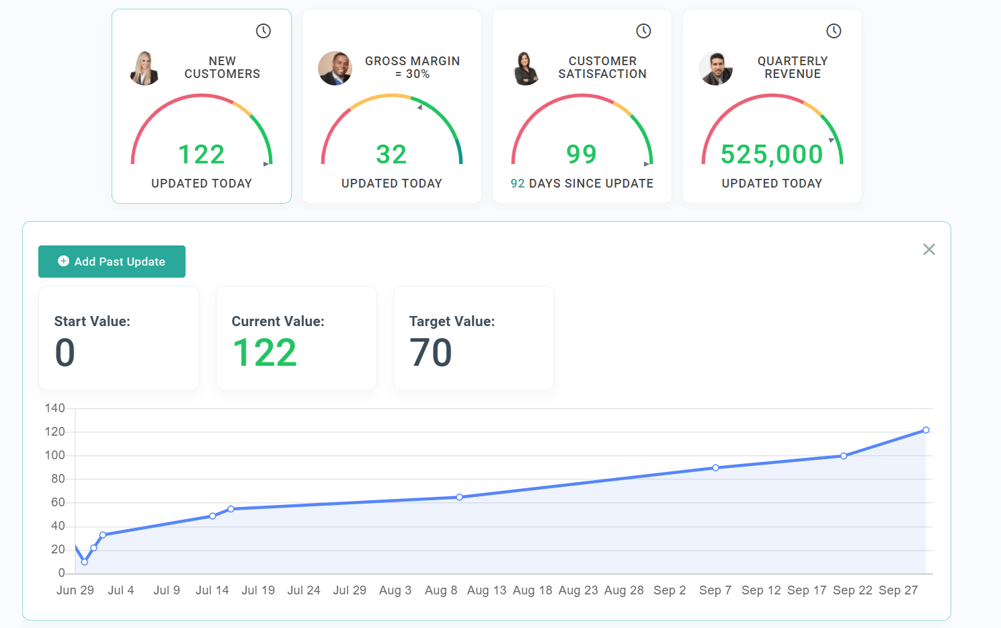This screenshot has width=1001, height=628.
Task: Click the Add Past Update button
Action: pos(112,262)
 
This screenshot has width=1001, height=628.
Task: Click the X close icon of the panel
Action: pos(929,249)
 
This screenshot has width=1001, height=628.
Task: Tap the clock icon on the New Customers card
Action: pos(264,31)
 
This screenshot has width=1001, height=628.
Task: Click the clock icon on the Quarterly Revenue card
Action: pos(834,31)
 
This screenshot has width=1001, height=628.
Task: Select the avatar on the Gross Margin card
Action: pos(335,69)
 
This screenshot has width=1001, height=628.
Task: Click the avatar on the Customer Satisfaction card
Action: pos(525,69)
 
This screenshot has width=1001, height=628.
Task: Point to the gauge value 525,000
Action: pos(772,155)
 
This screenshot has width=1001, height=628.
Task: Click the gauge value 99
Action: pos(582,155)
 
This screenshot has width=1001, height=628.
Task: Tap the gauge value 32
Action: pos(391,155)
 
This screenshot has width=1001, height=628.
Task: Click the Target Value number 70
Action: pos(431,353)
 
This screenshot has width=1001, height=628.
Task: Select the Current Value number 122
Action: pos(265,353)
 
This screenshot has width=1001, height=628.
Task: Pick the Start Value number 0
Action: pos(65,353)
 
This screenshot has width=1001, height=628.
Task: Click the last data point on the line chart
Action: pos(926,430)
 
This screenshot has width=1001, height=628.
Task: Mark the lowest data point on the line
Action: pos(85,562)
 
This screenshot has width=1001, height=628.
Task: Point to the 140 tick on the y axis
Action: pos(55,408)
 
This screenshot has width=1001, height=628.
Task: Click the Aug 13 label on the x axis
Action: pos(487,590)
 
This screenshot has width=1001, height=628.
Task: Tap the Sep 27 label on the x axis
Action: pos(898,590)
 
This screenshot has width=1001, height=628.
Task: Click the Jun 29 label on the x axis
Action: pos(75,590)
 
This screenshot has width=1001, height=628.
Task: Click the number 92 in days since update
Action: pos(518,184)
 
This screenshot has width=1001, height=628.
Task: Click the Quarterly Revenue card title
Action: pos(793,67)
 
